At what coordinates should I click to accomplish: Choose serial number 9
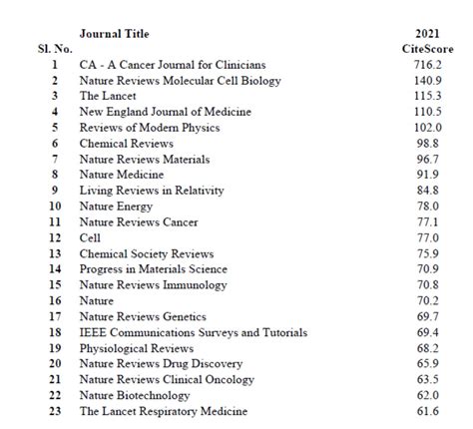[54, 191]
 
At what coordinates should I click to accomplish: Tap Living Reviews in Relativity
[151, 191]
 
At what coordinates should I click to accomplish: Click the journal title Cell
[90, 237]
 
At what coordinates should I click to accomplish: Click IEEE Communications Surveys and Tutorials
[193, 332]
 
